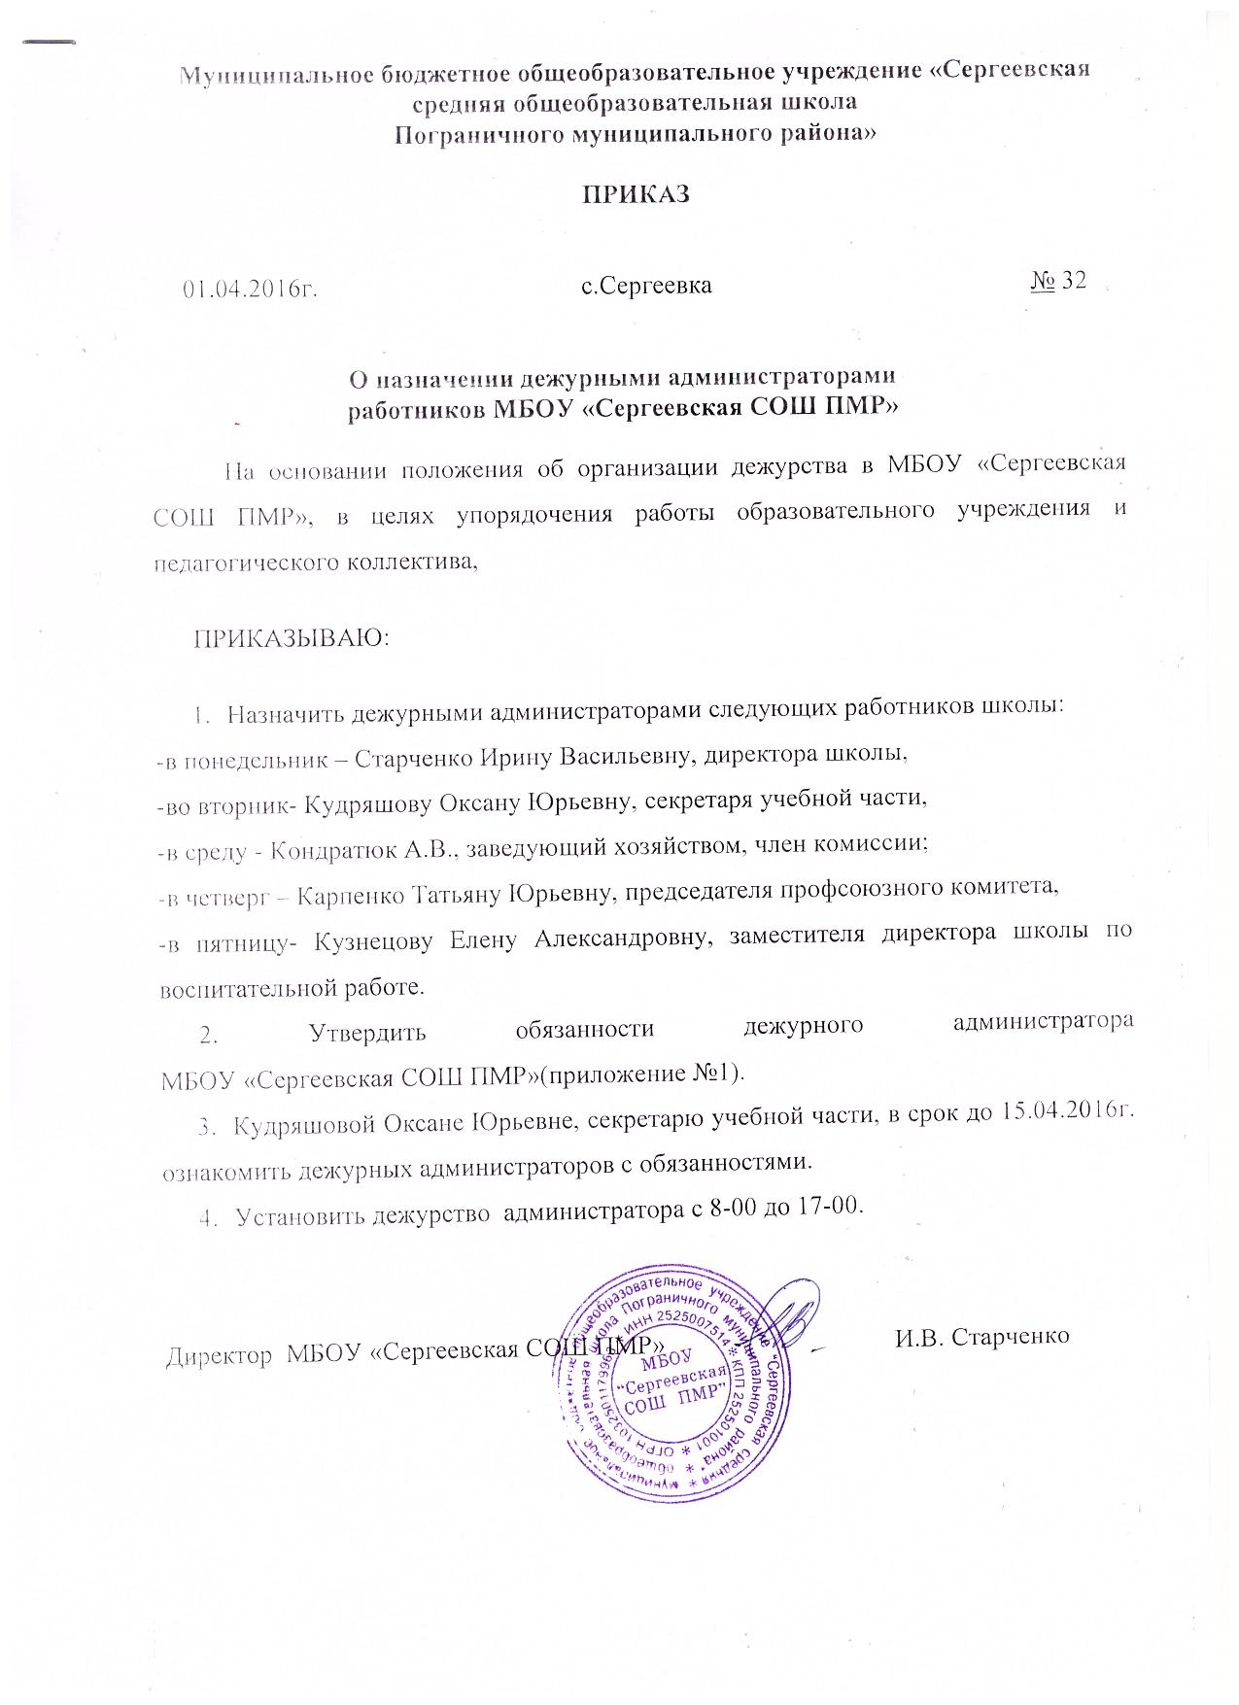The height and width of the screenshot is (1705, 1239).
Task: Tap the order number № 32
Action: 1056,282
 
